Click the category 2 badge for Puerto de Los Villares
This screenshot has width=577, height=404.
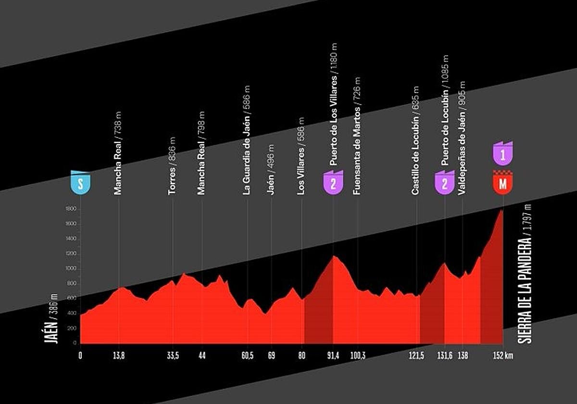coord(333,182)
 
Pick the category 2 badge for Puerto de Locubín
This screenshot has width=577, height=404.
coord(445,182)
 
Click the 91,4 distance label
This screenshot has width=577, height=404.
coord(333,355)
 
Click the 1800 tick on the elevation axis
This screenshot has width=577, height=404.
coord(71,209)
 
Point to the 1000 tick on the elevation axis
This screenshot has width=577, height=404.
coord(71,269)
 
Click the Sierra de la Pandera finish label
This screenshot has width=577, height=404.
coord(525,274)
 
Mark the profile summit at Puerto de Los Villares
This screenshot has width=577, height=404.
coord(333,256)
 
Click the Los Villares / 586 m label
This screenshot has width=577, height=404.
coord(301,156)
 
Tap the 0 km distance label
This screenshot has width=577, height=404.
coord(80,355)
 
